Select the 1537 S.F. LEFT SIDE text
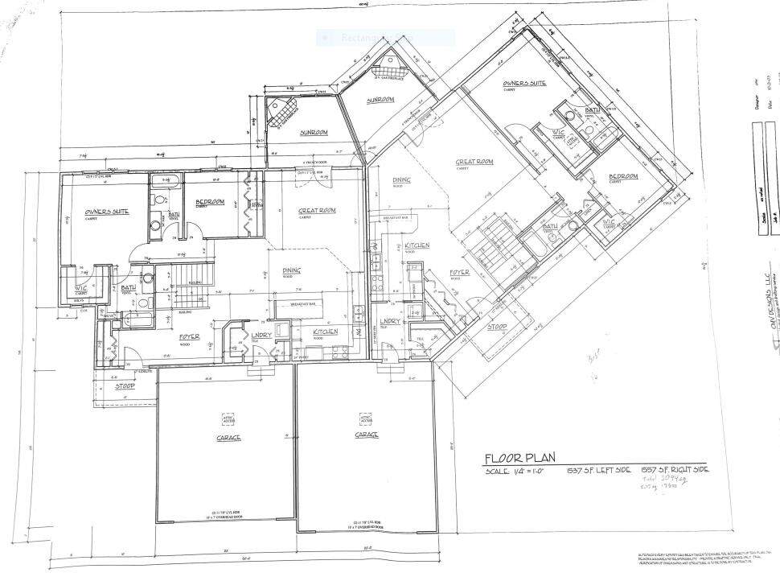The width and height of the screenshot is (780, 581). point(597,470)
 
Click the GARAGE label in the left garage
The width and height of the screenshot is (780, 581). point(228,438)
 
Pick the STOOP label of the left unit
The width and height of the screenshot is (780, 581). point(124,387)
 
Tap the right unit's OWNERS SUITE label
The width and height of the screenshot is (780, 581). point(525,84)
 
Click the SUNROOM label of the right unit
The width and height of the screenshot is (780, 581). point(380,101)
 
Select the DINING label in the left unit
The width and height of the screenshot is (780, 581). point(291,270)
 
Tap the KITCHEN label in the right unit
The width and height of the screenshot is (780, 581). point(417,245)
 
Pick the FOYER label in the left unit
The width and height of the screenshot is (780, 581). point(190,336)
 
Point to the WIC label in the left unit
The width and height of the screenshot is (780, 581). point(81,287)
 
